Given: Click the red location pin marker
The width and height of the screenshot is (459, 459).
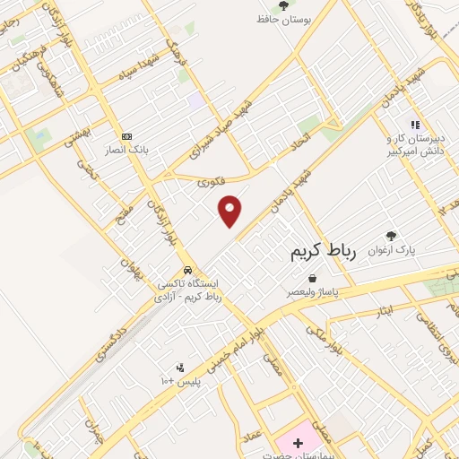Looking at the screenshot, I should coord(230,210).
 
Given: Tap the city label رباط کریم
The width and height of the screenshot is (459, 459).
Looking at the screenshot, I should coord(324,253).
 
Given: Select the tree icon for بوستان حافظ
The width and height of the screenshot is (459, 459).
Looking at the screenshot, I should coord(284,5).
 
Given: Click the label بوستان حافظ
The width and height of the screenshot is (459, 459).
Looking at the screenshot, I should coord(284,21).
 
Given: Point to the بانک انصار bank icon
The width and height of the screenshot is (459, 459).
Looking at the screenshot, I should coord(126,136).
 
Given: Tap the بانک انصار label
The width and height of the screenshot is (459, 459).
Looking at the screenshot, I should coord(126,150).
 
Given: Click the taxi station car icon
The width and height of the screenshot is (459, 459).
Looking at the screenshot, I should coord(187,270).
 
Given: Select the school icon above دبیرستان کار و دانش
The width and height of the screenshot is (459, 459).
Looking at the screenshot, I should coord(414,126).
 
